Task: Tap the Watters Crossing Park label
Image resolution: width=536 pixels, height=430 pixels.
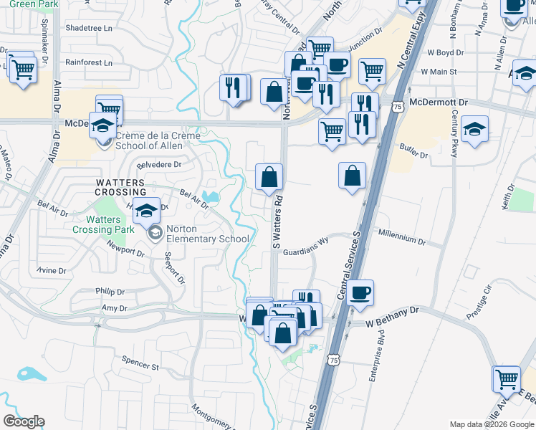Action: [x=103, y=224]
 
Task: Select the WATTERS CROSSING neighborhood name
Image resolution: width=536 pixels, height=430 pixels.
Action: [x=121, y=187]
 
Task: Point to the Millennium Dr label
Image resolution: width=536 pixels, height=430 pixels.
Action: [x=402, y=234]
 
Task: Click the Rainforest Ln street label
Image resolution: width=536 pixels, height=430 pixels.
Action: [x=89, y=62]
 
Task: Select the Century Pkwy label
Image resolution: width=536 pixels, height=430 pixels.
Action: [x=454, y=133]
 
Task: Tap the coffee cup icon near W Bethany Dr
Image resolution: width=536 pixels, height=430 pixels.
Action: [x=360, y=292]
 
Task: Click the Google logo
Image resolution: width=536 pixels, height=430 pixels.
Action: [x=24, y=421]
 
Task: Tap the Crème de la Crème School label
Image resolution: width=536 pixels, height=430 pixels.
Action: [x=149, y=140]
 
